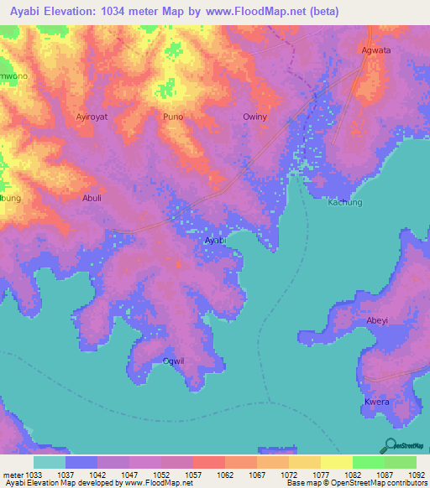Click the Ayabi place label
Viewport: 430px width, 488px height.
coord(215,240)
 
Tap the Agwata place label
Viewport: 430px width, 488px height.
coord(375,49)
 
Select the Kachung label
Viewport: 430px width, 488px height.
coord(344,203)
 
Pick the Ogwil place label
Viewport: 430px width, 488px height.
coord(174,361)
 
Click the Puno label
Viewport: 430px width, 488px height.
coord(173,117)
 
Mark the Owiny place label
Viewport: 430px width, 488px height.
coord(254,117)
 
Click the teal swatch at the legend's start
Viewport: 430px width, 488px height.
coord(49,462)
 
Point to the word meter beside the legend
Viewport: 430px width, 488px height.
coord(13,475)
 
